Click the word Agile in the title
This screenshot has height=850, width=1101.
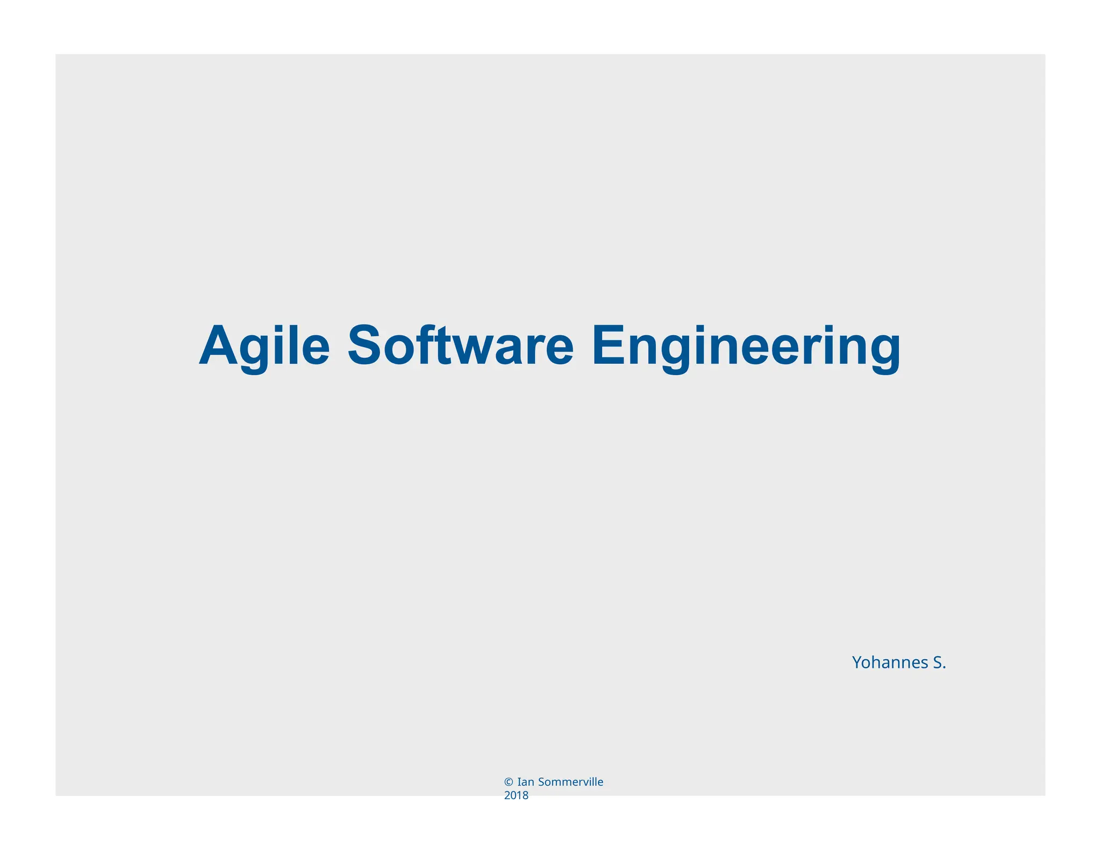tap(264, 347)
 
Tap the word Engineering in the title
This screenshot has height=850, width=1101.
tap(746, 347)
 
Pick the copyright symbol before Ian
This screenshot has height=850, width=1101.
tap(508, 782)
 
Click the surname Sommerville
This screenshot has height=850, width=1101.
tap(570, 782)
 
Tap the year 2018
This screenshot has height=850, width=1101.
tap(516, 796)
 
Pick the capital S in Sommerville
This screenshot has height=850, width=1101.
tap(541, 782)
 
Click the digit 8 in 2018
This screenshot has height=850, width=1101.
tap(525, 796)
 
